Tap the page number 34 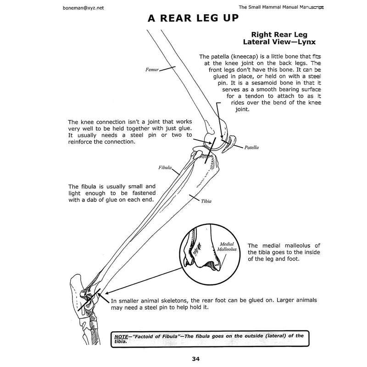pos(183,359)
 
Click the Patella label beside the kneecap pos(251,148)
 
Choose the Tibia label pos(206,201)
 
